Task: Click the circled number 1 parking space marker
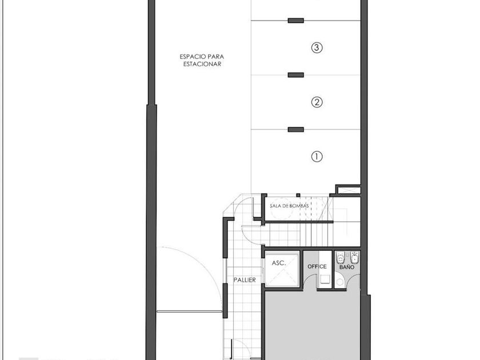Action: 317,157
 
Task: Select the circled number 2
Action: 317,102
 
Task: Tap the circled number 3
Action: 317,47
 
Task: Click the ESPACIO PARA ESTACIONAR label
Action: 202,61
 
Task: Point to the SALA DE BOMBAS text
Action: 289,206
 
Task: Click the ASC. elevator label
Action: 279,263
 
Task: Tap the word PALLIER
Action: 245,280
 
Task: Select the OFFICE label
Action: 317,267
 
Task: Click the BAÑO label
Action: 346,267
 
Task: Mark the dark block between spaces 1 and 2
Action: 296,130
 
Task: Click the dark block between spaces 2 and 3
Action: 296,75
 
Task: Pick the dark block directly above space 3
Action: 296,21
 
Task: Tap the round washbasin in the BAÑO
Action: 339,282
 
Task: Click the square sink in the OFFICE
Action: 325,279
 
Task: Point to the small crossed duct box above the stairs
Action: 349,190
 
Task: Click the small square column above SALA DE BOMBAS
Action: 298,195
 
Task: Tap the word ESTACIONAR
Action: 202,64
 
